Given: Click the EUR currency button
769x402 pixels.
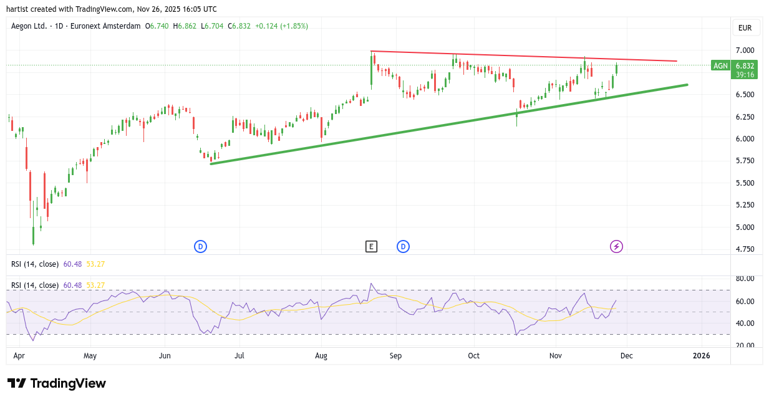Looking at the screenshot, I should click(745, 28).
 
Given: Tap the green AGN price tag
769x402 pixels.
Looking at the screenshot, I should click(721, 65).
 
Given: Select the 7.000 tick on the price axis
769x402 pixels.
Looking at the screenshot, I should click(745, 50).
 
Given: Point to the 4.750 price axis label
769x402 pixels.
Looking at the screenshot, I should click(745, 249).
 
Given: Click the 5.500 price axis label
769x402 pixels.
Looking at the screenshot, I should click(745, 183).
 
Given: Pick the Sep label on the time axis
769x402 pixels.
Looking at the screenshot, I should click(395, 356).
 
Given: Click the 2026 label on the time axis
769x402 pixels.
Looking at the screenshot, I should click(702, 356).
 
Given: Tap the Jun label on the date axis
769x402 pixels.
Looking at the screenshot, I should click(165, 356).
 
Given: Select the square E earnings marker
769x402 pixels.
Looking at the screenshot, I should click(371, 246).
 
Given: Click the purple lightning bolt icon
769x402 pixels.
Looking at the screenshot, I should click(616, 246).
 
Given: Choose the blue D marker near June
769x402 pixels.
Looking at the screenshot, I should click(200, 246).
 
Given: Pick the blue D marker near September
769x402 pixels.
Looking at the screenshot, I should click(403, 246).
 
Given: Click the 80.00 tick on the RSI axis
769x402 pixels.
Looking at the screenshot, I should click(745, 279).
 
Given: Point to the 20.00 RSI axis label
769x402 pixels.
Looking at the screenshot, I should click(745, 345).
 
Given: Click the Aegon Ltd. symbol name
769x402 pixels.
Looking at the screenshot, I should click(29, 26).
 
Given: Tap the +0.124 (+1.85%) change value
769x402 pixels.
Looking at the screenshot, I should click(280, 26).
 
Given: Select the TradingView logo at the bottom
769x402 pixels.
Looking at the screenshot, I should click(57, 383).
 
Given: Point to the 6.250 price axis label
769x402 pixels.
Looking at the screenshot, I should click(745, 117).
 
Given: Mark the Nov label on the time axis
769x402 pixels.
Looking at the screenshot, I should click(555, 356).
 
